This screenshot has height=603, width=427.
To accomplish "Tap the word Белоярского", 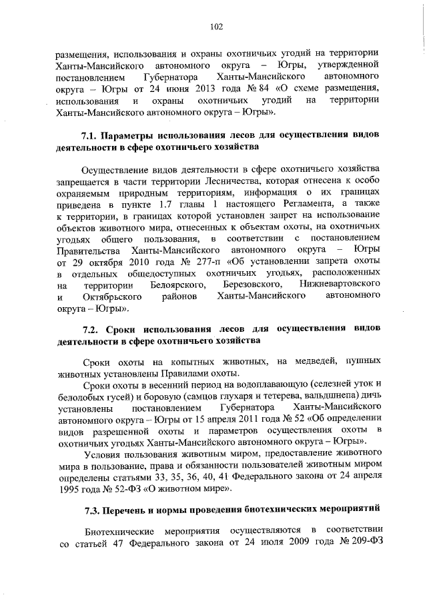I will pyautogui.click(x=177, y=286).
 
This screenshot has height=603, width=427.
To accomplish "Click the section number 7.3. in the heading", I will pyautogui.click(x=91, y=511).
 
